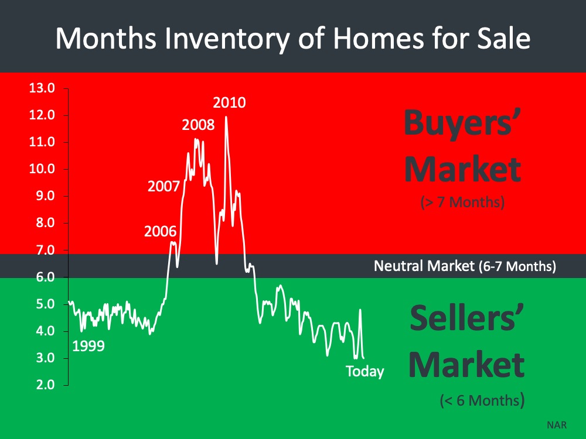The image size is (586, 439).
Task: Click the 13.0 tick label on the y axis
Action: (x=42, y=88)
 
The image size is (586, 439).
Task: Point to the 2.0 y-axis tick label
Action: (x=45, y=385)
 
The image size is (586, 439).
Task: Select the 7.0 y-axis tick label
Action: (x=45, y=250)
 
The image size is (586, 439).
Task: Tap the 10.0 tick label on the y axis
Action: (x=42, y=169)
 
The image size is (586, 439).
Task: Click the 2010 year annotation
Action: (x=229, y=102)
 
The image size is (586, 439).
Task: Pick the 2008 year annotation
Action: (x=198, y=125)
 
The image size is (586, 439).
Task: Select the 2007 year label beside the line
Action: (x=163, y=186)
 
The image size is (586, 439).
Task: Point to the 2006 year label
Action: (x=160, y=231)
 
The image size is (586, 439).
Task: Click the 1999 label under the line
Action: (x=88, y=346)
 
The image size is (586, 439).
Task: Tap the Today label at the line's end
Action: (x=364, y=372)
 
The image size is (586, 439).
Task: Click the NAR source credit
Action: (x=557, y=425)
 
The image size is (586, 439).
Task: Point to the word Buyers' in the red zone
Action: (x=462, y=123)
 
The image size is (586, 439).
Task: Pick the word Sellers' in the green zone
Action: (x=467, y=318)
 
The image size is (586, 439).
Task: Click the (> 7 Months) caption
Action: (x=462, y=202)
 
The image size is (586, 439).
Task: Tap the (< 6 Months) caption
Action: (x=482, y=400)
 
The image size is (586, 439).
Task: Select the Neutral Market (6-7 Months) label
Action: (x=465, y=266)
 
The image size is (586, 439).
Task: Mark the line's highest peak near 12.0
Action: (x=226, y=117)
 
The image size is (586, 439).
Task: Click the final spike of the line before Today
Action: (x=360, y=310)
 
